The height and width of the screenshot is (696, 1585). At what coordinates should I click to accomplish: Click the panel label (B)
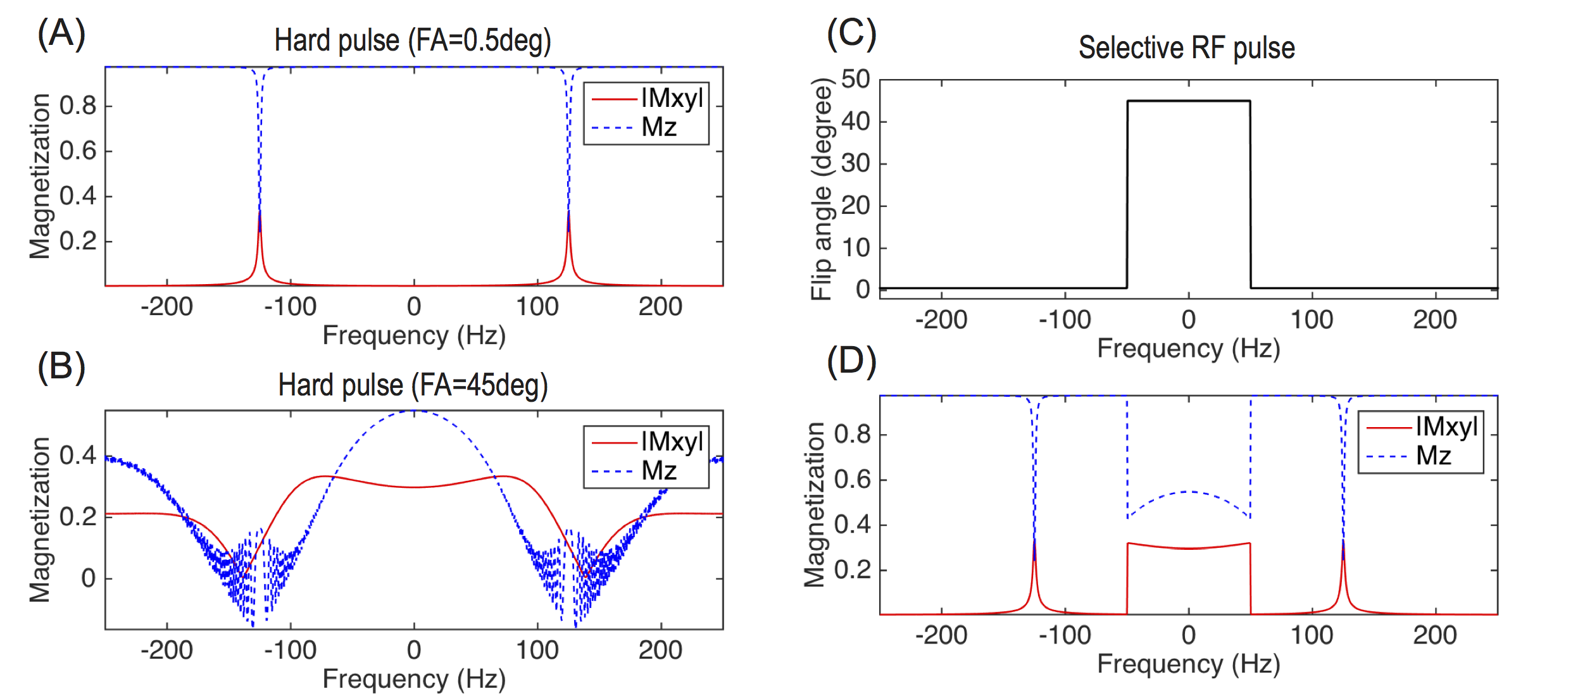[x=61, y=367]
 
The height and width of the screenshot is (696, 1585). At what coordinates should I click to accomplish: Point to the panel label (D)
[x=851, y=362]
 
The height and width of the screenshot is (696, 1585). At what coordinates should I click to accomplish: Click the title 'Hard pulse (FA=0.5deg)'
[x=413, y=41]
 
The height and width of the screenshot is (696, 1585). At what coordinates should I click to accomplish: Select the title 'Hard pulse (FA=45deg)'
[x=413, y=385]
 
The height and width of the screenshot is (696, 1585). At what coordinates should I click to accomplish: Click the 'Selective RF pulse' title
[x=1187, y=48]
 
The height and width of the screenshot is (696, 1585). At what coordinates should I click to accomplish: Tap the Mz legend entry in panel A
[x=659, y=128]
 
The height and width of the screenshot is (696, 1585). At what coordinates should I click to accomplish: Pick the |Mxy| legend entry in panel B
[x=672, y=442]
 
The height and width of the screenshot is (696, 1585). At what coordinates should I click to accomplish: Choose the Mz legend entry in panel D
[x=1433, y=456]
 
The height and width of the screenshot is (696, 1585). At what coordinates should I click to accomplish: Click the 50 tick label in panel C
[x=855, y=80]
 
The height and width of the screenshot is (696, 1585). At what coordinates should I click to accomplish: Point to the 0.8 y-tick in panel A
[x=78, y=106]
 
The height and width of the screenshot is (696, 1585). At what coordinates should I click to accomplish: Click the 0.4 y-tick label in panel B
[x=78, y=455]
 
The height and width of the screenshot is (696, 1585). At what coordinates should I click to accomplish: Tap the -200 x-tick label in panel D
[x=941, y=635]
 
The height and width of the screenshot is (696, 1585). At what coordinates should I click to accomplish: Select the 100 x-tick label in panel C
[x=1312, y=320]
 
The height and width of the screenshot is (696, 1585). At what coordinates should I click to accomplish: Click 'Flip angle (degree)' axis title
[x=821, y=189]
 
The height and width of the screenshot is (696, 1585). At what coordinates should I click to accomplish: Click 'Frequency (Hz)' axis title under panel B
[x=414, y=679]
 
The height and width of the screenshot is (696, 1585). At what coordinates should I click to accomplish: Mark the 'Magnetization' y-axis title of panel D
[x=814, y=505]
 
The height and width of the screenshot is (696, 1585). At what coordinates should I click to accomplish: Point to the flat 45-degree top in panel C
[x=1188, y=101]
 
